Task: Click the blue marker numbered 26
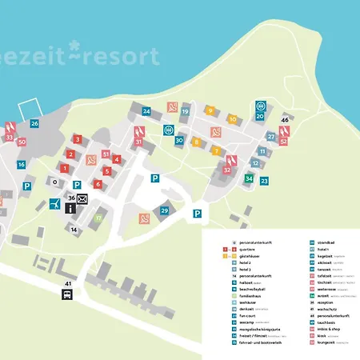(x=34, y=124)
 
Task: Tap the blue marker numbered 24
(x=146, y=111)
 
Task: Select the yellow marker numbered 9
(x=210, y=110)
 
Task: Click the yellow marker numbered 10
(x=233, y=119)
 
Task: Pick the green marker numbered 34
(x=250, y=178)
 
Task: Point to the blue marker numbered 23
(x=264, y=181)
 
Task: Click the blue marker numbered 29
(x=165, y=210)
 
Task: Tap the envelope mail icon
(x=82, y=198)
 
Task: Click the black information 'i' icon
(x=71, y=208)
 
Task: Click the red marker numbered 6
(x=98, y=184)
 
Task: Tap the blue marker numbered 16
(x=22, y=165)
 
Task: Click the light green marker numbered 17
(x=98, y=218)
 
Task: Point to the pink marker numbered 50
(x=22, y=142)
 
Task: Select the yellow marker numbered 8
(x=196, y=142)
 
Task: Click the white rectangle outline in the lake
(x=30, y=110)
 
